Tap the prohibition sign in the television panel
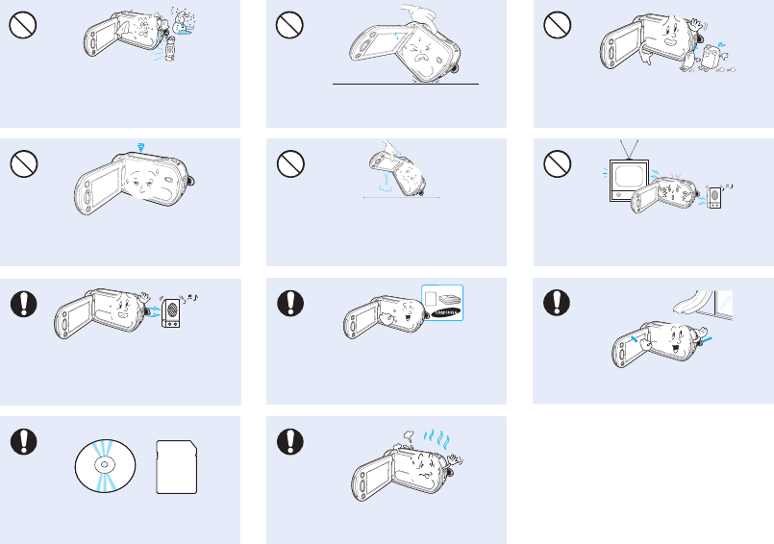coord(555,165)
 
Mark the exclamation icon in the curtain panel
coord(555,303)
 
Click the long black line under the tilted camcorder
coord(405,85)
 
